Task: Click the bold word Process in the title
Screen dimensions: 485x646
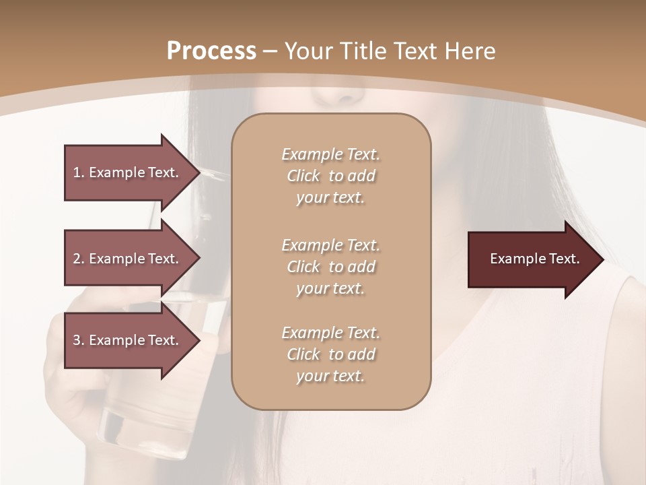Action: (211, 51)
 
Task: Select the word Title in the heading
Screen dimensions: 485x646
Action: (363, 51)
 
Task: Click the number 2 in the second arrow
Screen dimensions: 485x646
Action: (76, 259)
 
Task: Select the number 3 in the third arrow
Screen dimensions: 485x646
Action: (76, 340)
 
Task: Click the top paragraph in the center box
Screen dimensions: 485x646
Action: (330, 176)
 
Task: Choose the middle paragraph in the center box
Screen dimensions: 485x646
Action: (330, 266)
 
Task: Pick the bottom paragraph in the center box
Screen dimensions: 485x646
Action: (330, 354)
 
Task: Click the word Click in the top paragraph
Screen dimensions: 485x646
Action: (303, 176)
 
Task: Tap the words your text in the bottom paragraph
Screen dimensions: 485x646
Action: (330, 376)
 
